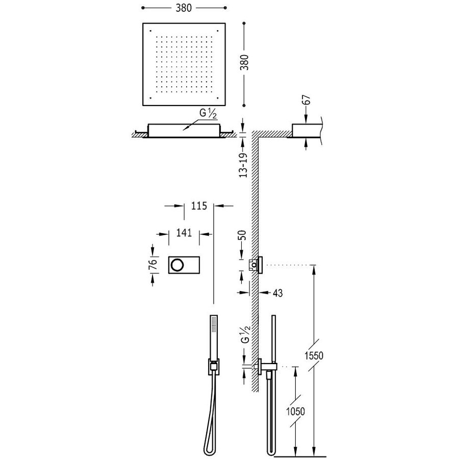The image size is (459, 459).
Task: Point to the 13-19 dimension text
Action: click(244, 165)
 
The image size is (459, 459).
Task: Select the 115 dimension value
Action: click(198, 206)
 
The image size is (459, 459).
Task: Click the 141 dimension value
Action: click(184, 233)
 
